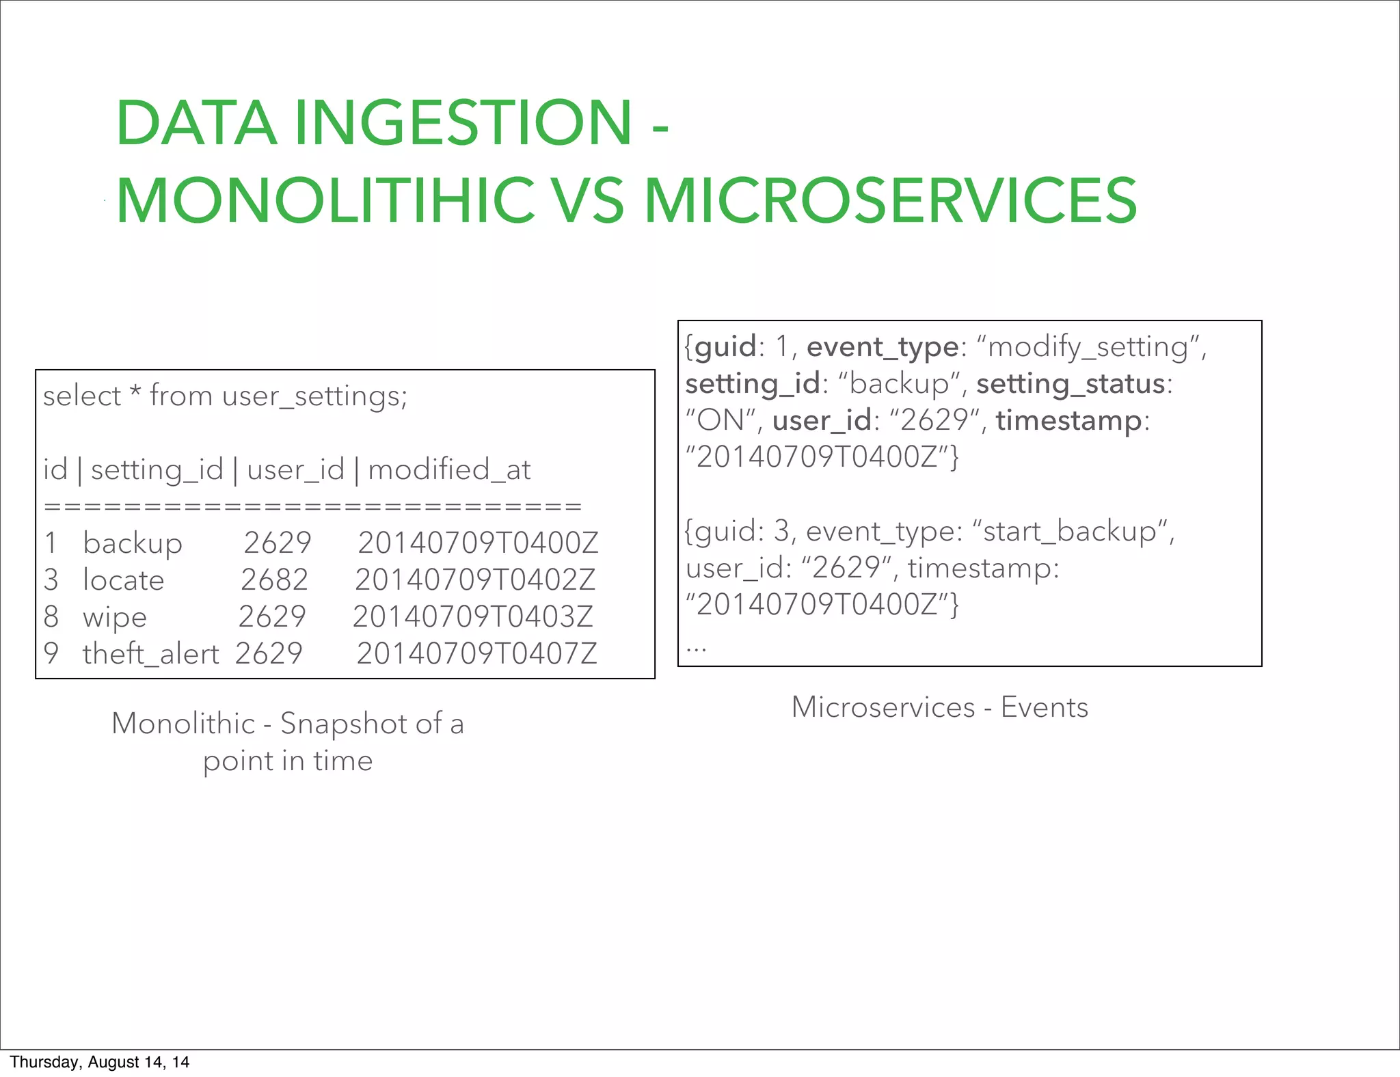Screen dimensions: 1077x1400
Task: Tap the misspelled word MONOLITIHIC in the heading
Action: [325, 200]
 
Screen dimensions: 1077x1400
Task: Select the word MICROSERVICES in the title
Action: [890, 200]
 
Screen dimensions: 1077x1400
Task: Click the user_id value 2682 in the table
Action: [274, 580]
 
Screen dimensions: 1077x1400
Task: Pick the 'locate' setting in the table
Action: [124, 580]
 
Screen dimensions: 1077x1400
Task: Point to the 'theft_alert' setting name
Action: [150, 653]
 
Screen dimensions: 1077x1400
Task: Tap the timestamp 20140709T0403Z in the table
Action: [473, 616]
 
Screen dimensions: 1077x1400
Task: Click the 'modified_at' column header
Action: [449, 469]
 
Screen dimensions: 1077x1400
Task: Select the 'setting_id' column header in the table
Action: [157, 469]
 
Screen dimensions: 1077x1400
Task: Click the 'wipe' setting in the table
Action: [115, 617]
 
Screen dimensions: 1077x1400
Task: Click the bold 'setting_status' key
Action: [1071, 383]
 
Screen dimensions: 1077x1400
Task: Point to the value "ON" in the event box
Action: [720, 420]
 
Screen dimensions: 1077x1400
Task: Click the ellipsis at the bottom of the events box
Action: [696, 646]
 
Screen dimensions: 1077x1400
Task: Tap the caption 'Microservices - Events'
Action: [940, 707]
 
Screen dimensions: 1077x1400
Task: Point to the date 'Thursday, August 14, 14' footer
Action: [100, 1062]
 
